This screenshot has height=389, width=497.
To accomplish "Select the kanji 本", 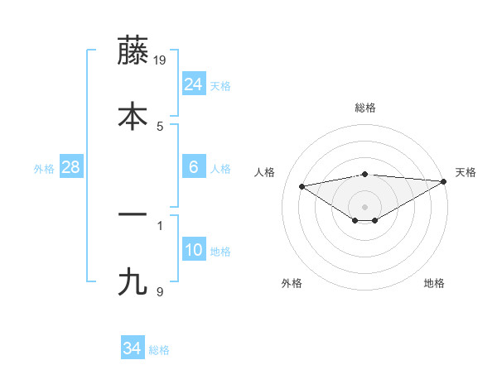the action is (x=133, y=116).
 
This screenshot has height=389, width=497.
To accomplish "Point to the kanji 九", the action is (x=133, y=281).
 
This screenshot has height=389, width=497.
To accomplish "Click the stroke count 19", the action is (x=162, y=60).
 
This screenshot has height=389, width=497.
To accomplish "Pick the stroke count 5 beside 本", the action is (x=160, y=126).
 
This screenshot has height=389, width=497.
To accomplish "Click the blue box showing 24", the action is (x=193, y=84).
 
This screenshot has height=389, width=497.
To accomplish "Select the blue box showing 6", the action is (x=193, y=167).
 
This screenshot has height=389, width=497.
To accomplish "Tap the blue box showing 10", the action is (x=193, y=250).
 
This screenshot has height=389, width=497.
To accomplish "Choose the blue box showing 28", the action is (x=70, y=167).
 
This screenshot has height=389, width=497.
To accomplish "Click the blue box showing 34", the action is (x=132, y=348).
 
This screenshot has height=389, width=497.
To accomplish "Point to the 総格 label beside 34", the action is (x=159, y=350).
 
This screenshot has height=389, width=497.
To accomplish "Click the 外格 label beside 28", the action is (x=44, y=169).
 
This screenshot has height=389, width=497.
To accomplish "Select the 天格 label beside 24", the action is (x=220, y=86).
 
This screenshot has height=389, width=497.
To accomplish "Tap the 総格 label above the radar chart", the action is (x=364, y=108).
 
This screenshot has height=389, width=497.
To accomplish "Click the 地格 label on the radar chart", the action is (x=434, y=283).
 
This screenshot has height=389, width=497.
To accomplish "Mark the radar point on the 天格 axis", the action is (x=444, y=181).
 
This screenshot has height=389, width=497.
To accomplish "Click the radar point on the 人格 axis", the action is (x=302, y=185).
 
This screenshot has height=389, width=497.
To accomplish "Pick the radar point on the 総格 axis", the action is (x=364, y=174).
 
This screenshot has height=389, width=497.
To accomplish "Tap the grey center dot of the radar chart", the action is (x=364, y=206).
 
